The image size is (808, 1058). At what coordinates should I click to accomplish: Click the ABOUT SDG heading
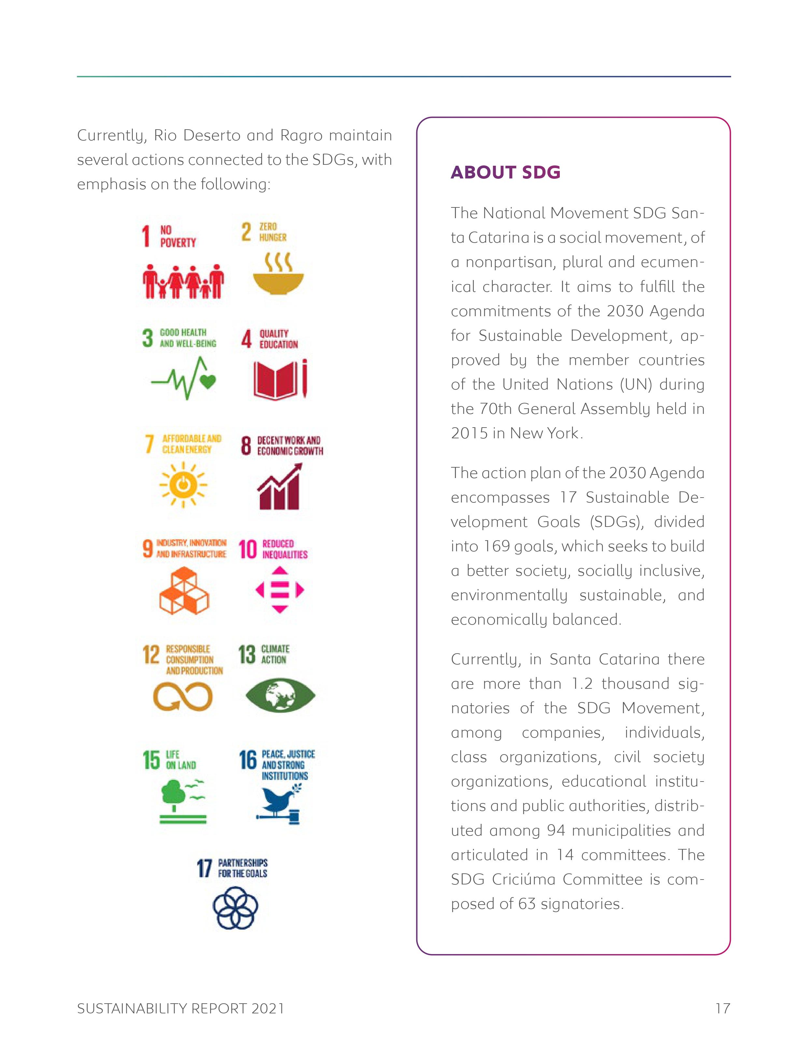505,172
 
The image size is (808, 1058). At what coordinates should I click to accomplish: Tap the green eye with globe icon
280,695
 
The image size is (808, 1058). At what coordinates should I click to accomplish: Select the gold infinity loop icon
183,697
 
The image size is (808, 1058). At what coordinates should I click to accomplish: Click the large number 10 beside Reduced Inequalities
248,549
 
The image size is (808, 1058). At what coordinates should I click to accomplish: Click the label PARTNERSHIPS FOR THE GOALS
242,868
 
